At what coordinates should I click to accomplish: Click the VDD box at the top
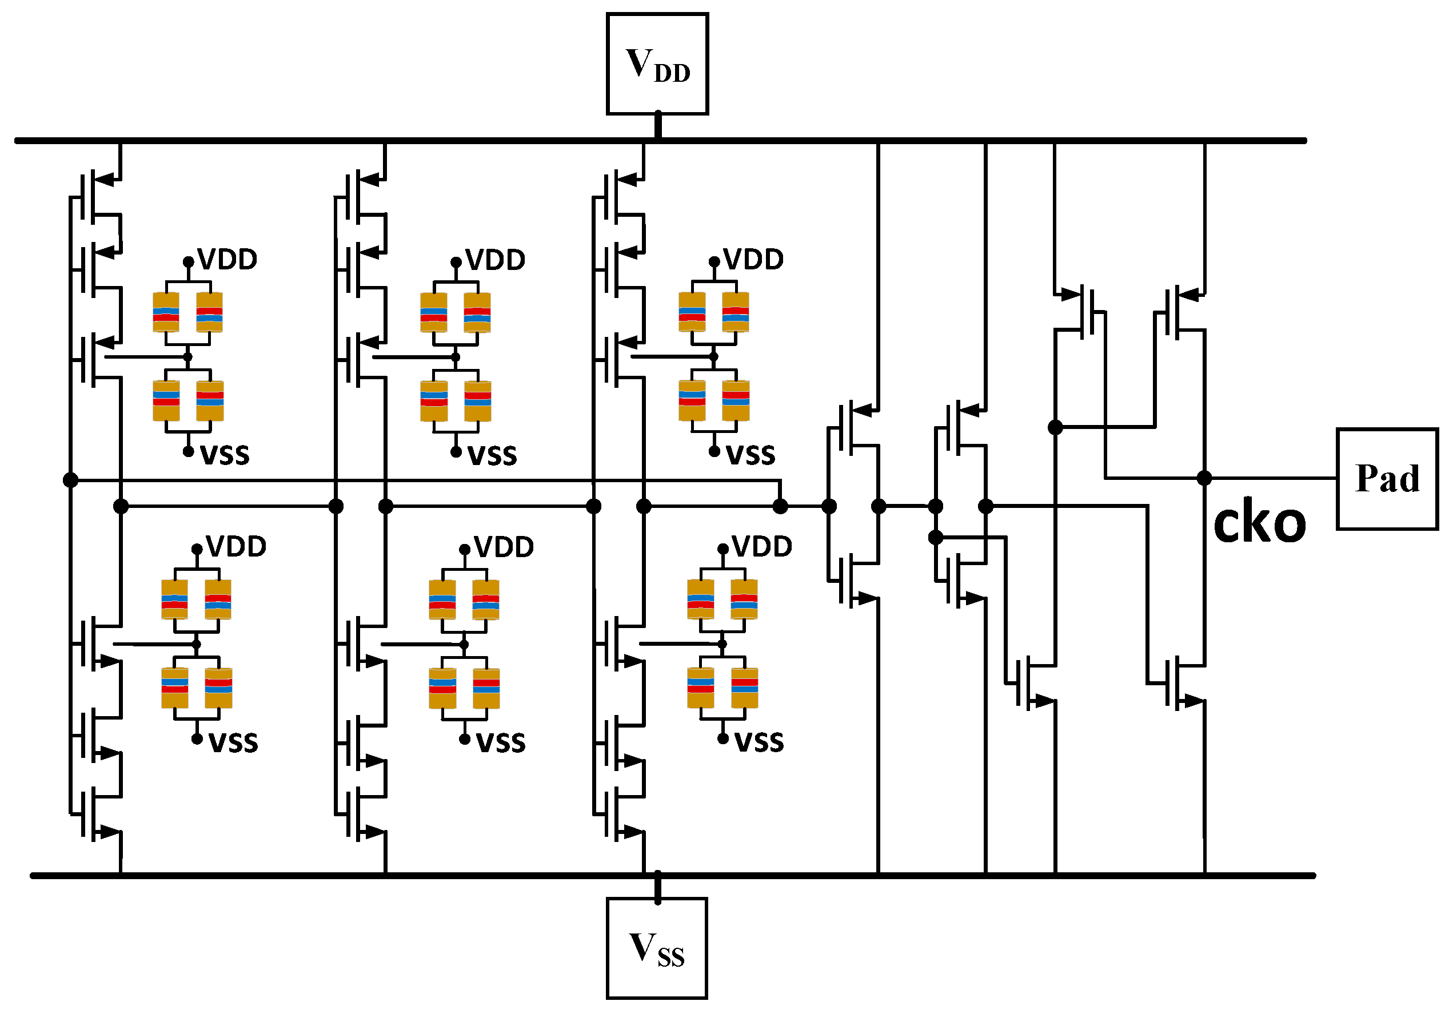click(657, 64)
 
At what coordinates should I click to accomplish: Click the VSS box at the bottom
click(656, 948)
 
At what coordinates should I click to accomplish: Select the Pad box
click(1387, 479)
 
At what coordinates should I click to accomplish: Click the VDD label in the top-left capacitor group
click(227, 260)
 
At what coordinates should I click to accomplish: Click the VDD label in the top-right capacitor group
click(753, 260)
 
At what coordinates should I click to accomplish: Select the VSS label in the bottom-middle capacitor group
click(501, 742)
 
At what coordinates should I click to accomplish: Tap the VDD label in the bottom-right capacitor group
click(761, 546)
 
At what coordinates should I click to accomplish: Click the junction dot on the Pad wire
click(1204, 478)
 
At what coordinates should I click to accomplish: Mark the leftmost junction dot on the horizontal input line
click(71, 480)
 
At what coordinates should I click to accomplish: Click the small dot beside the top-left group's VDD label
click(189, 261)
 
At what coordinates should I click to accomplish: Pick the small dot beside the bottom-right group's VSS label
click(722, 739)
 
